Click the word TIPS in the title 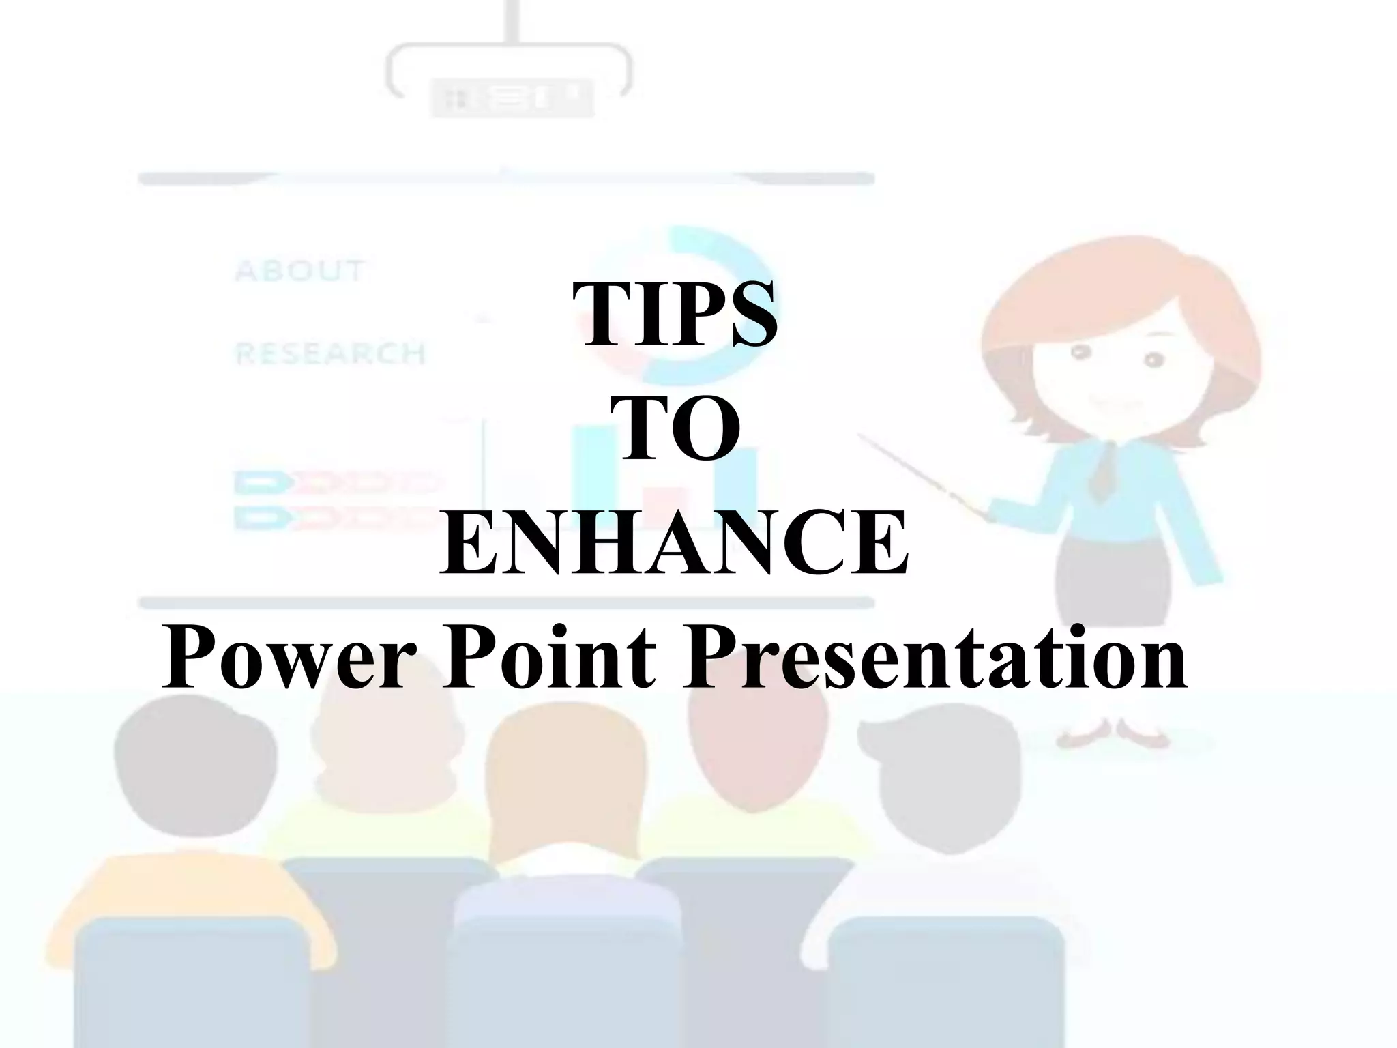click(x=675, y=315)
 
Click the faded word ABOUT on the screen click(x=299, y=271)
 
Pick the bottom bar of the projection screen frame click(x=506, y=603)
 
